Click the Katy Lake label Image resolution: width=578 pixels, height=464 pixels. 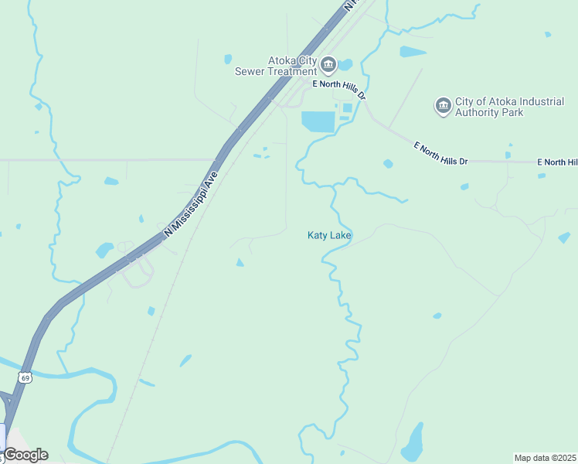coord(330,235)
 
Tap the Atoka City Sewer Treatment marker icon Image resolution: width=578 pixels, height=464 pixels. coord(328,63)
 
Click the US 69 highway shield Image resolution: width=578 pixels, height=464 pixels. coord(25,377)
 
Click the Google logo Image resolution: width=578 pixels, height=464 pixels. coord(25,455)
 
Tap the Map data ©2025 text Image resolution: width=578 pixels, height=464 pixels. coord(545,458)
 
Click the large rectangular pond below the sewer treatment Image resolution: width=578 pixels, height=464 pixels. coord(318,121)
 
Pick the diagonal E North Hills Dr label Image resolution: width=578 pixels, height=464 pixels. coord(441,152)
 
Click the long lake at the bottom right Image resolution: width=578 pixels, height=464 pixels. coord(413,441)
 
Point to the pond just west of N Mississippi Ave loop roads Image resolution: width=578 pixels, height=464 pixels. coord(104,250)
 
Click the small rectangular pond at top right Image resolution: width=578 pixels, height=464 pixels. coord(413,52)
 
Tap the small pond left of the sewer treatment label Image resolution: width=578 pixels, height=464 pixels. coord(228,59)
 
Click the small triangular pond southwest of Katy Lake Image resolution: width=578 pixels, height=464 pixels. coord(240,263)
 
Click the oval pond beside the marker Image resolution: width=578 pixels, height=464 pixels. coord(345,64)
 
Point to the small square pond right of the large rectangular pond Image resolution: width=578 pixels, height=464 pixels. coord(347,108)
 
